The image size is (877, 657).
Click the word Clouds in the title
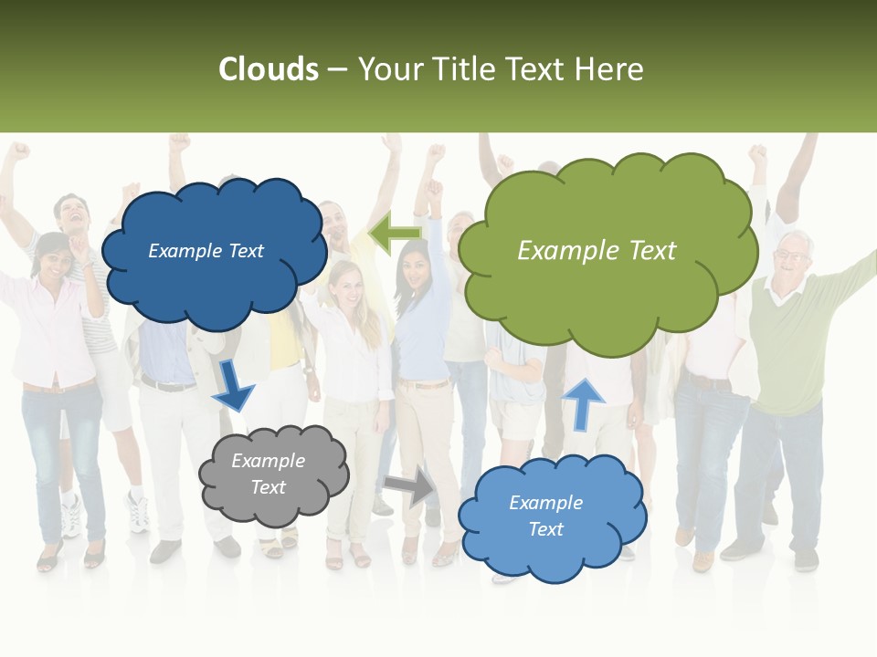(268, 69)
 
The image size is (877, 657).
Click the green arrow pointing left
(395, 235)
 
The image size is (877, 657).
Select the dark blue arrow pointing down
(234, 386)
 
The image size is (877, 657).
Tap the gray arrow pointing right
(409, 486)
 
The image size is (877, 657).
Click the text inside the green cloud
(597, 251)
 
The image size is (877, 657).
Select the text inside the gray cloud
(268, 474)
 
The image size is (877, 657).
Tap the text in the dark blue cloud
(206, 251)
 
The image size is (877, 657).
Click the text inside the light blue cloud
(545, 516)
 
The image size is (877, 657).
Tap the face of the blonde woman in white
(346, 284)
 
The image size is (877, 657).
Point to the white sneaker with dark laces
(137, 511)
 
